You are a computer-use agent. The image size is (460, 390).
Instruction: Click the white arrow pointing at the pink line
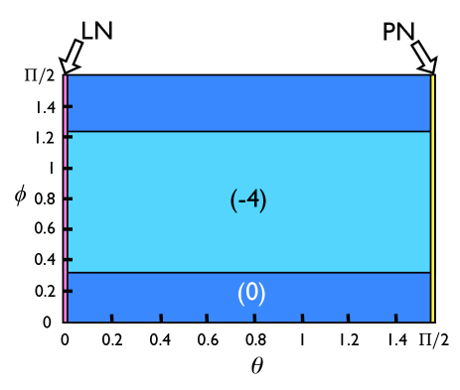tap(72, 57)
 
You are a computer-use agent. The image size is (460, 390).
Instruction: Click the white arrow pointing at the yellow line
tap(424, 57)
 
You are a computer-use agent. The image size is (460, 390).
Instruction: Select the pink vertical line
tap(66, 198)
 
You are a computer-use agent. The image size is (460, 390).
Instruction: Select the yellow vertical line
tap(432, 198)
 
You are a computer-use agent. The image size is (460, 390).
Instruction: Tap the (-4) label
tap(248, 200)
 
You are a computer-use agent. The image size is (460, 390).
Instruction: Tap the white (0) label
tap(251, 294)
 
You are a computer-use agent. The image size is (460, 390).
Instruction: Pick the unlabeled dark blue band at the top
tap(248, 103)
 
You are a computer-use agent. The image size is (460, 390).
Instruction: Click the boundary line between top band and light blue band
tap(248, 131)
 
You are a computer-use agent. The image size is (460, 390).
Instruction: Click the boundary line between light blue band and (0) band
tap(248, 272)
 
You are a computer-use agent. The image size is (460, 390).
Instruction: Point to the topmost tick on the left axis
tap(70, 106)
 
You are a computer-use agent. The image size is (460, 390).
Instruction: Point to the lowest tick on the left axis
tap(70, 291)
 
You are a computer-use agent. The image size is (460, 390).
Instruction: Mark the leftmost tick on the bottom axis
tap(111, 318)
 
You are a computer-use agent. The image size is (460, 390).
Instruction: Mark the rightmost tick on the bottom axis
tap(395, 318)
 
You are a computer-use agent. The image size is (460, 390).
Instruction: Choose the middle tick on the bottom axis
tap(254, 318)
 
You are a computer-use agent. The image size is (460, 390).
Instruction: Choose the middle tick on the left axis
tap(70, 198)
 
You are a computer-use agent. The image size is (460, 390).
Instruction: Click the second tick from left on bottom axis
tap(161, 318)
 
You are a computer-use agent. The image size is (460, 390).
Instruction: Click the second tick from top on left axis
tap(70, 137)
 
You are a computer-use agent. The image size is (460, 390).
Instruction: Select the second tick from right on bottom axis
tap(348, 318)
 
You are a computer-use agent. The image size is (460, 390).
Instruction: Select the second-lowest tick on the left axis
tap(70, 260)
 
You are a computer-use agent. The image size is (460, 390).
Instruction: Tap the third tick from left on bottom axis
tap(207, 318)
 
